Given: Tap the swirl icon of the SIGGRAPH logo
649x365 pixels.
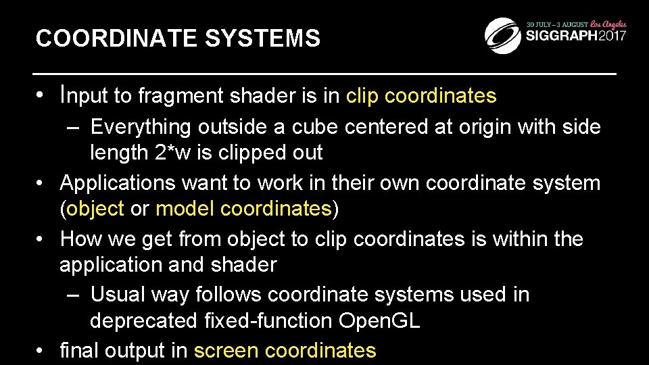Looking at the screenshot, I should point(503,34).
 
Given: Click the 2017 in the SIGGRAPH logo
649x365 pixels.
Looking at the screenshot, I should point(608,36).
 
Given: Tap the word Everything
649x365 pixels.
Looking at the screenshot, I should point(141,126).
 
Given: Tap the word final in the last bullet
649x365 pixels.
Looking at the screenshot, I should point(80,350).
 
